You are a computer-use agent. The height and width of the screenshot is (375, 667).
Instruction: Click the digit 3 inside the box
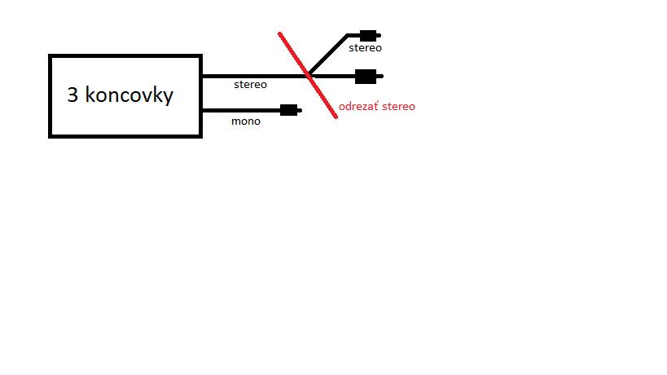pyautogui.click(x=72, y=95)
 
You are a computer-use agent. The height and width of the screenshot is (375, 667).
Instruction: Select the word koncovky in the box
pyautogui.click(x=129, y=95)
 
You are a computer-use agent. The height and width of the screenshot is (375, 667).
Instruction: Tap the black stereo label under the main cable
pyautogui.click(x=250, y=85)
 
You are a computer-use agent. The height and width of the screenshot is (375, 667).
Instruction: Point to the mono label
pyautogui.click(x=246, y=121)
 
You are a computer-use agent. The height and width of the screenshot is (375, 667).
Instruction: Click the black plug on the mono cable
pyautogui.click(x=289, y=110)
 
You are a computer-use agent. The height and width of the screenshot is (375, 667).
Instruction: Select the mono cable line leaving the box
pyautogui.click(x=241, y=111)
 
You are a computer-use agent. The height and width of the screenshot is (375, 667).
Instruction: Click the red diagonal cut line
pyautogui.click(x=308, y=75)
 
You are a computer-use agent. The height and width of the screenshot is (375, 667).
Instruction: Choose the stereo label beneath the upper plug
pyautogui.click(x=365, y=48)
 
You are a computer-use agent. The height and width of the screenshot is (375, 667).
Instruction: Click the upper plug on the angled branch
pyautogui.click(x=368, y=35)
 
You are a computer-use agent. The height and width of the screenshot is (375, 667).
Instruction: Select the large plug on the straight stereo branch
pyautogui.click(x=366, y=76)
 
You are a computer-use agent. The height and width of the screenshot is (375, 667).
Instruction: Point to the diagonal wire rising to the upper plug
pyautogui.click(x=328, y=55)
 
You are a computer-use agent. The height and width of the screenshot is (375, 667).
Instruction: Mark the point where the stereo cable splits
pyautogui.click(x=309, y=76)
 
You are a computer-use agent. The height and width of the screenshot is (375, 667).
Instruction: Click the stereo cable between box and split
pyautogui.click(x=255, y=76)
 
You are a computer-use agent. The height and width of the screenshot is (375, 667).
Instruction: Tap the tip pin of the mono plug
pyautogui.click(x=300, y=111)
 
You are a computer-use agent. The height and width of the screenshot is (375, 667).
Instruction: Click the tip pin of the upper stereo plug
pyautogui.click(x=379, y=36)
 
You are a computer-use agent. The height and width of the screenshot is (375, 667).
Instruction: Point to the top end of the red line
pyautogui.click(x=279, y=33)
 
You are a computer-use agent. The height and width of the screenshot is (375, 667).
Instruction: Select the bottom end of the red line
pyautogui.click(x=336, y=117)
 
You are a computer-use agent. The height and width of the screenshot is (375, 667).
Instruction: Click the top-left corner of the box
pyautogui.click(x=50, y=55)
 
